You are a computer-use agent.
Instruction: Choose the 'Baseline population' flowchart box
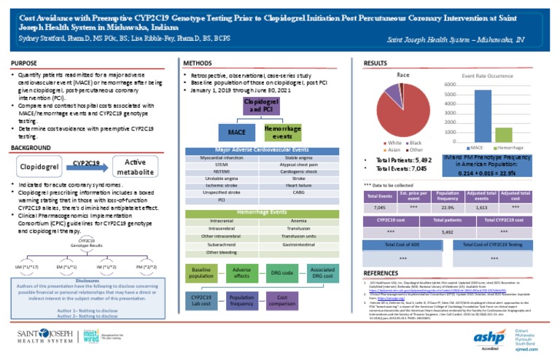pos(201,273)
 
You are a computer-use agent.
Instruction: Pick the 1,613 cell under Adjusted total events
pos(481,207)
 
